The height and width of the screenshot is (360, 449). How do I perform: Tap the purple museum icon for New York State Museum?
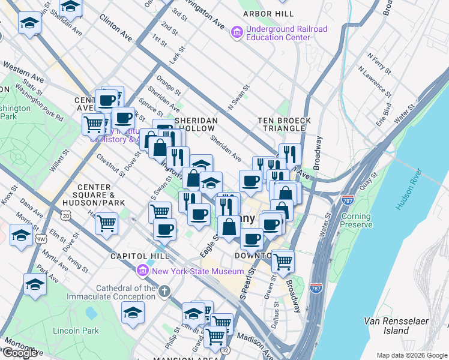coord(143,271)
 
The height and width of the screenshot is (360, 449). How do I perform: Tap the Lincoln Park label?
coord(76,331)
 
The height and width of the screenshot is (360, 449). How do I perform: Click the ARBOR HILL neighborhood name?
coord(267,13)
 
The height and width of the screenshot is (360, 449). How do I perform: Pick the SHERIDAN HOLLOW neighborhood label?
coord(195,124)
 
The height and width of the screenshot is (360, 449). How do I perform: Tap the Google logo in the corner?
coord(20,353)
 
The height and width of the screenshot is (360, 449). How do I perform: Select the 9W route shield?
coord(41,239)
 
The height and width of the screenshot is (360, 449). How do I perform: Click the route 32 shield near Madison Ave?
coord(224,348)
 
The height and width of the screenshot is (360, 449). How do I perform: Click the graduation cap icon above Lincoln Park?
coord(133,312)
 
